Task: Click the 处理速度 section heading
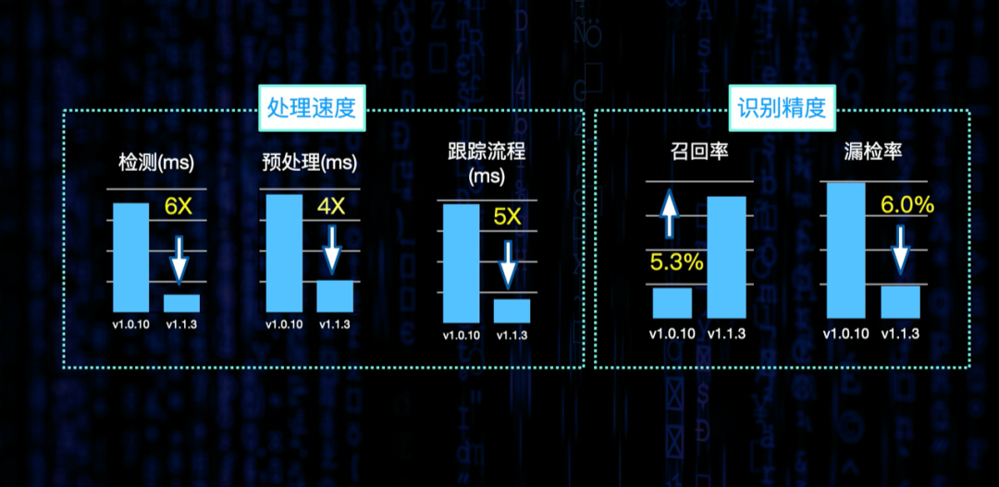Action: click(x=311, y=108)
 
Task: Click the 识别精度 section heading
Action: click(x=781, y=108)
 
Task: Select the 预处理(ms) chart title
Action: click(x=309, y=163)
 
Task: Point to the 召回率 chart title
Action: click(x=699, y=151)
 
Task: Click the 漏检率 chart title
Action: click(x=874, y=151)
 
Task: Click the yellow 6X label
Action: click(x=178, y=206)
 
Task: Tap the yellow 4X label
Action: click(x=330, y=206)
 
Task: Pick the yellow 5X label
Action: click(x=507, y=218)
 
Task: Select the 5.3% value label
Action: click(x=677, y=262)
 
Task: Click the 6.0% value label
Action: click(x=906, y=205)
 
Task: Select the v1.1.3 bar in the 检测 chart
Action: click(x=181, y=303)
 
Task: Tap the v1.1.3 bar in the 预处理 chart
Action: click(x=335, y=296)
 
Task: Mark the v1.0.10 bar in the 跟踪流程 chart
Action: click(x=461, y=261)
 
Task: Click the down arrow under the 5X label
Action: click(x=507, y=263)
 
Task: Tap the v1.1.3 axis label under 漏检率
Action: click(x=899, y=334)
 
